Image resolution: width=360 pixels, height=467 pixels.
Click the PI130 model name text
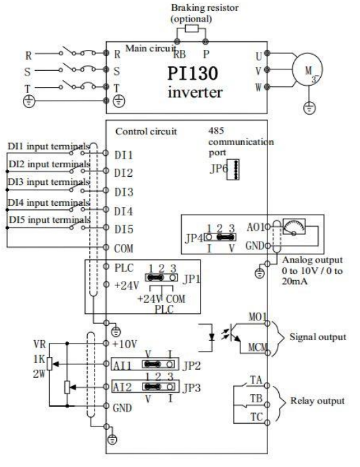coord(192,74)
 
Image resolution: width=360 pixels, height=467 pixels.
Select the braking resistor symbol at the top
coord(191,28)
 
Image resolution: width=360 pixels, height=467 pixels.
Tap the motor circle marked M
coord(307,70)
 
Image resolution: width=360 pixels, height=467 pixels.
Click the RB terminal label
coord(180,54)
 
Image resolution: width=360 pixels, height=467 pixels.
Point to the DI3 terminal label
coord(124,192)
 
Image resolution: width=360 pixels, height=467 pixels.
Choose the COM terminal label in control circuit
coord(124,248)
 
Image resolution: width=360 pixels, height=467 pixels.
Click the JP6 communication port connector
coord(233,170)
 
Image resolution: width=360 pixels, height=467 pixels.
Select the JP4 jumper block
coord(220,237)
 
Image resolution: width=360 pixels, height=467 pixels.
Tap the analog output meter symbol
coord(294,227)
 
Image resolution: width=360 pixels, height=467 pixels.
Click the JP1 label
coord(191,279)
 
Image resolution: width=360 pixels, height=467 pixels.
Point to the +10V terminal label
coord(125,344)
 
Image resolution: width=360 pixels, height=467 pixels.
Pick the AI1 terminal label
coord(122,365)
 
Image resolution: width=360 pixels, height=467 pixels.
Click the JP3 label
coord(192,388)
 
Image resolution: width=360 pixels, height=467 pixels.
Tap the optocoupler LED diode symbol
coord(212,337)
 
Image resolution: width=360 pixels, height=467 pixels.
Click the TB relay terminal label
coord(256,398)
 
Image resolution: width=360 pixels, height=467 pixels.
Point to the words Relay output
coord(317,401)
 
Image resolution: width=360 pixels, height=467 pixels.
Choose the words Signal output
coord(317,337)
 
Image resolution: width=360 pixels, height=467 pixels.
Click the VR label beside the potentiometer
coord(39,344)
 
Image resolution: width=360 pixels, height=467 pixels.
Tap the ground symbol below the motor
coord(309,108)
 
